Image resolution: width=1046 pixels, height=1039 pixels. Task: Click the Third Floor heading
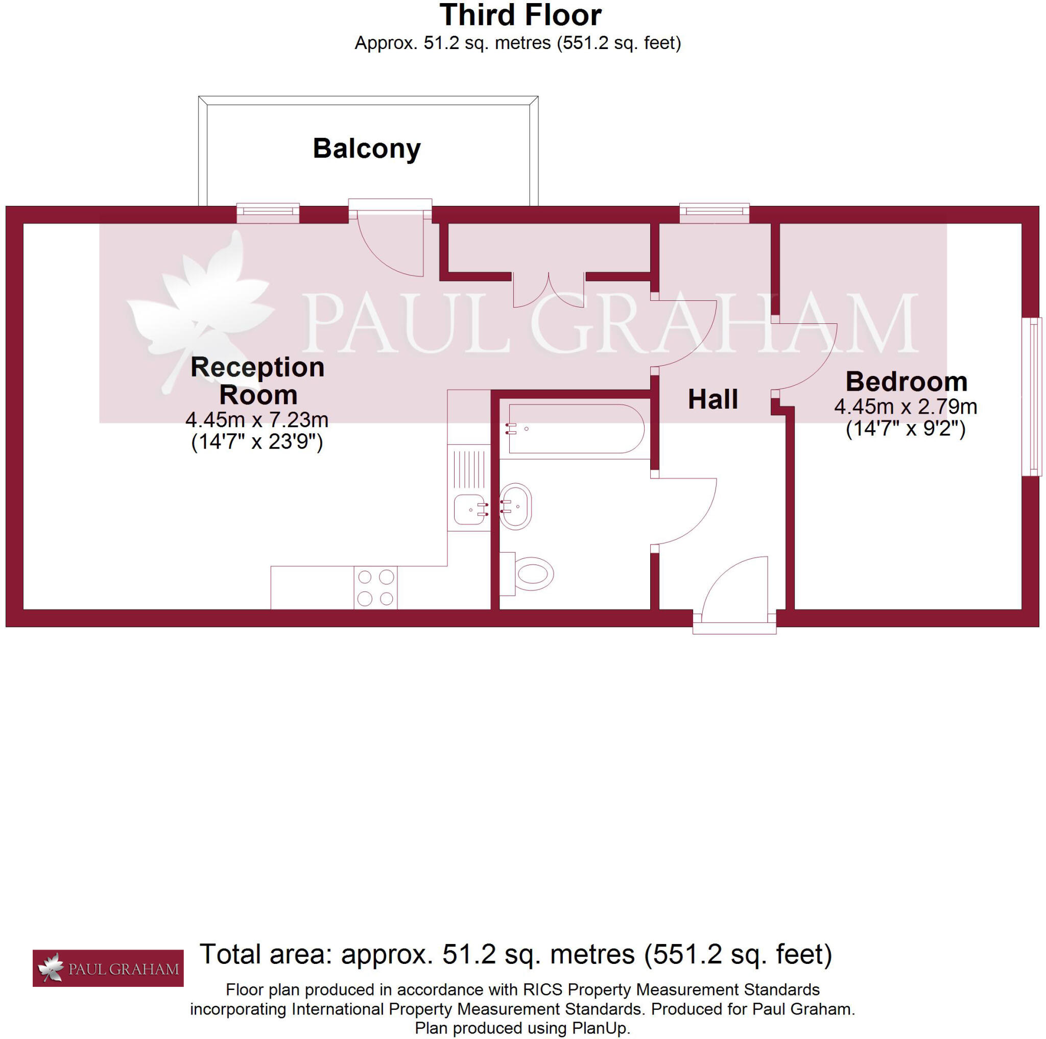[x=520, y=15]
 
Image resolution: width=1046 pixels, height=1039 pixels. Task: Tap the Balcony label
[x=367, y=148]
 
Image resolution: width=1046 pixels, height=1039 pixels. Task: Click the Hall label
[x=712, y=399]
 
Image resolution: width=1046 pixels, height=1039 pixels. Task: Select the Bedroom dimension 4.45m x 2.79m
[x=905, y=406]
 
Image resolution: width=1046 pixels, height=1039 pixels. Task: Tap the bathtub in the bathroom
[x=576, y=428]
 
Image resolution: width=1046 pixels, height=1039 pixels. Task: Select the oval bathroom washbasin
[x=515, y=506]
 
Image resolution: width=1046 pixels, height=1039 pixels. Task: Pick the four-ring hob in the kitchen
[x=375, y=587]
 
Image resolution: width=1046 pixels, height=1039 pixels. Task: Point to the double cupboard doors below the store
[x=548, y=292]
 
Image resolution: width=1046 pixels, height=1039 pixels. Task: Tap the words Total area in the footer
[x=265, y=954]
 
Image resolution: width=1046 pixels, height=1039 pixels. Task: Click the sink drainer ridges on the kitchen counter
[x=469, y=469]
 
